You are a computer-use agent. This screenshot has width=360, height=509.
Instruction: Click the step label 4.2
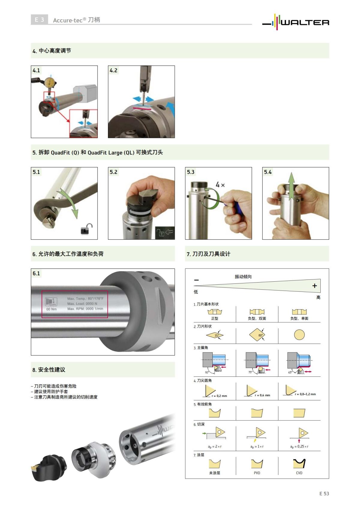(113, 70)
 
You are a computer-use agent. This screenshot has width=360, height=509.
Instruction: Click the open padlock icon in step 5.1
(86, 229)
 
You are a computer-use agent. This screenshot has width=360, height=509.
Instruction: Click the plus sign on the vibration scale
(314, 286)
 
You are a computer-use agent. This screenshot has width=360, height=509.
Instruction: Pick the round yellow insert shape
(299, 334)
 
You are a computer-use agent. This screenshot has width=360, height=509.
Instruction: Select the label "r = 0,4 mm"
(262, 395)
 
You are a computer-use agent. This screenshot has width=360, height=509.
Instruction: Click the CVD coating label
(299, 473)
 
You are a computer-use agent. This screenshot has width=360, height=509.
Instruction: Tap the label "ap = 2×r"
(215, 447)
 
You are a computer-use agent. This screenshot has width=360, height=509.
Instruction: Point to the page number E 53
(324, 493)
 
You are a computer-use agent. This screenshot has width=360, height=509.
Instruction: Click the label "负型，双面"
(257, 318)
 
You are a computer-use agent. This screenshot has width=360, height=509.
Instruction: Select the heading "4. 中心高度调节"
(52, 51)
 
